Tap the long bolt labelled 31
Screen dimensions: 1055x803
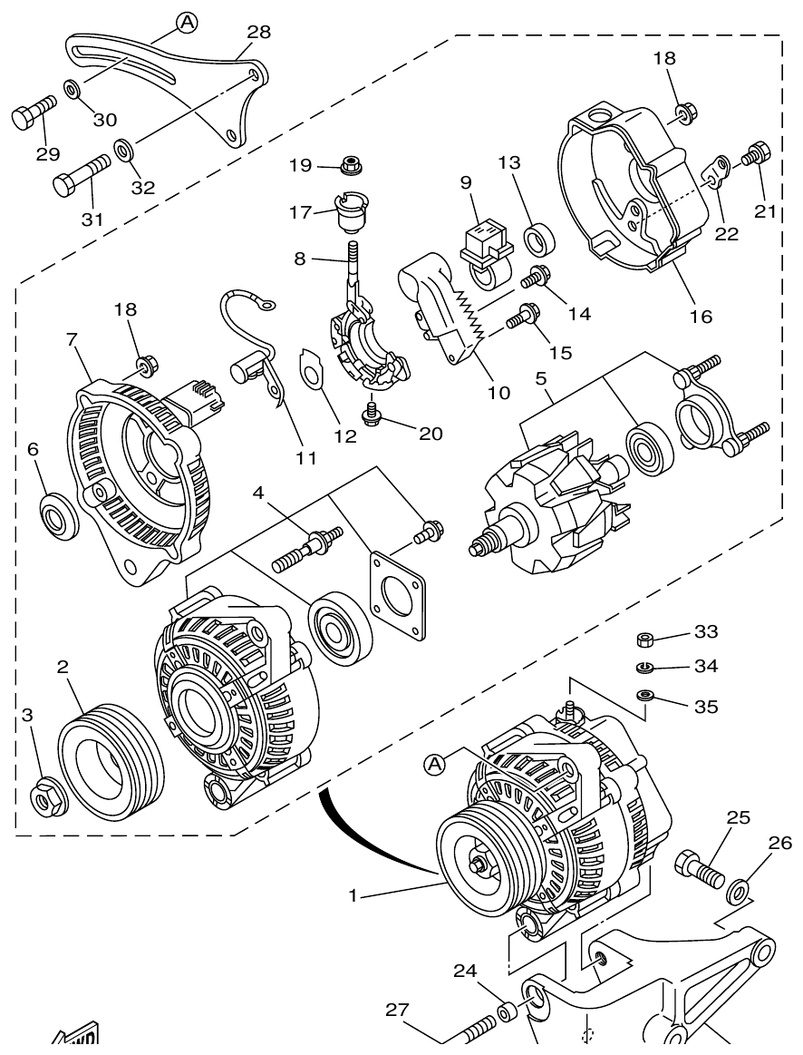coord(80,175)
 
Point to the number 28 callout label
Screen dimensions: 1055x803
coord(258,33)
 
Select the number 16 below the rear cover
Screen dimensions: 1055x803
coord(700,316)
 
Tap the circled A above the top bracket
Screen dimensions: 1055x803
coord(187,22)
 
